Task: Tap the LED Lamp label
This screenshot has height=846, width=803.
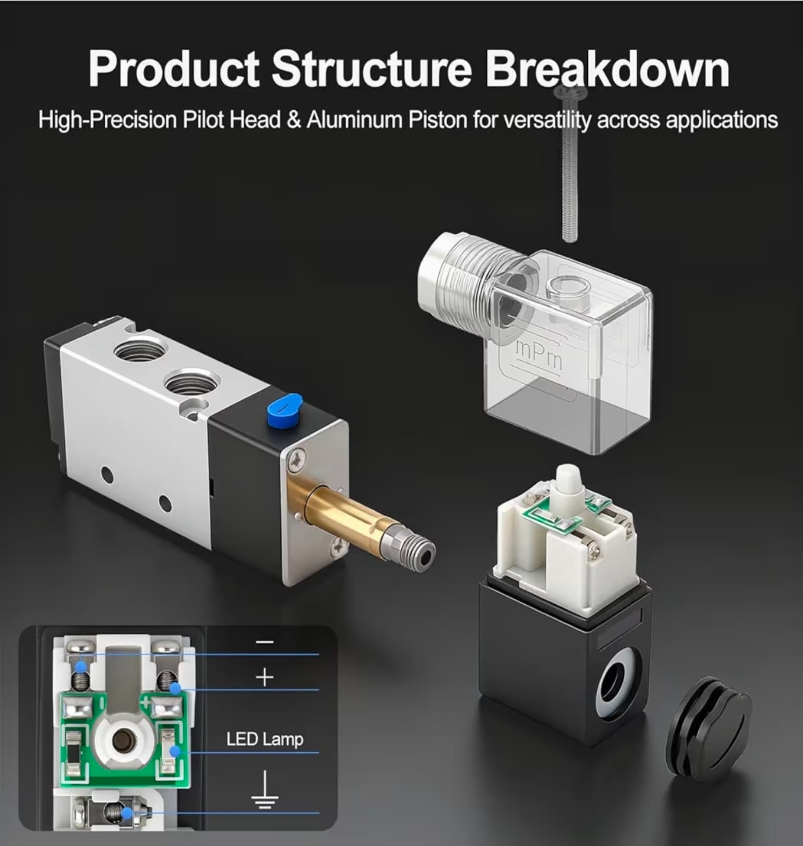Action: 264,739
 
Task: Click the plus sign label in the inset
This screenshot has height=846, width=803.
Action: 264,677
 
